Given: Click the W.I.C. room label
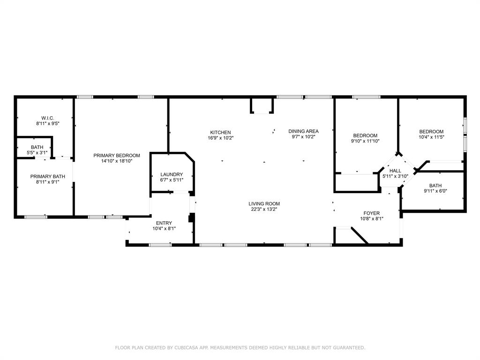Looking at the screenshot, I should pyautogui.click(x=47, y=118).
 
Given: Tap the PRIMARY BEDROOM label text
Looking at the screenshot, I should pyautogui.click(x=117, y=156).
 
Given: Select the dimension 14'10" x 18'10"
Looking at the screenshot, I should pyautogui.click(x=117, y=161).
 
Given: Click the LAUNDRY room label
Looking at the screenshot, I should pyautogui.click(x=172, y=174).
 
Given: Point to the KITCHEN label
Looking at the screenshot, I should pyautogui.click(x=220, y=132).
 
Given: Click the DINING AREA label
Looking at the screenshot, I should pyautogui.click(x=303, y=131).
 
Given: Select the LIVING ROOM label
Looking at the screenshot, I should pyautogui.click(x=264, y=204).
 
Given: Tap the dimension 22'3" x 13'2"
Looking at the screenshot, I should pyautogui.click(x=264, y=209).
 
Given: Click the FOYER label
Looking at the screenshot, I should pyautogui.click(x=372, y=213).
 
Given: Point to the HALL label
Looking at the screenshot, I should pyautogui.click(x=395, y=171).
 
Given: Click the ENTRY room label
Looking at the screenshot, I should pyautogui.click(x=164, y=223).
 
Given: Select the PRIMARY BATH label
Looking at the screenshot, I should pyautogui.click(x=48, y=177).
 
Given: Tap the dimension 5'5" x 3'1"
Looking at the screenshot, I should pyautogui.click(x=37, y=153).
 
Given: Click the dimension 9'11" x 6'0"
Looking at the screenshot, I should pyautogui.click(x=435, y=191).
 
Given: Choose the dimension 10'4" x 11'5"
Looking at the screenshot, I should pyautogui.click(x=431, y=137).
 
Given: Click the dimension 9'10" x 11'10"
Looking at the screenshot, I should pyautogui.click(x=365, y=141).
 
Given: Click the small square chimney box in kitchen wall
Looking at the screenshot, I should pyautogui.click(x=262, y=106).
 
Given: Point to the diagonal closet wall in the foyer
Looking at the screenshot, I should pyautogui.click(x=360, y=236).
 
